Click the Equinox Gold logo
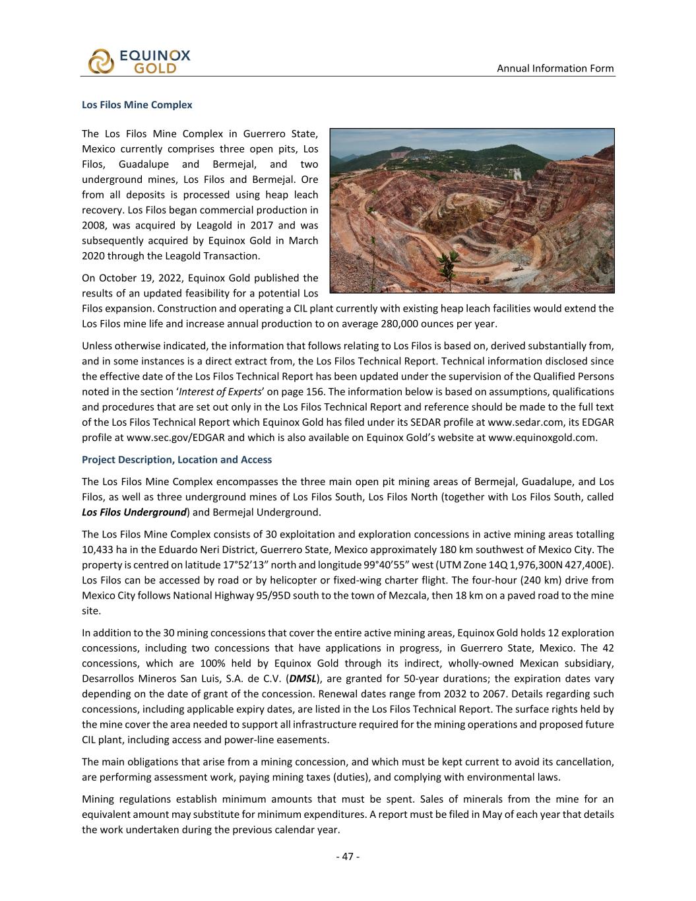tap(139, 61)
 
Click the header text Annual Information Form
tap(555, 68)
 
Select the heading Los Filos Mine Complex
tap(137, 104)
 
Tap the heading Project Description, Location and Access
tap(177, 459)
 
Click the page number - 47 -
tap(348, 856)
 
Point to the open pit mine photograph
tap(472, 211)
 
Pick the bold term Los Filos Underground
tap(133, 512)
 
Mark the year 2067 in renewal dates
tap(460, 694)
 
